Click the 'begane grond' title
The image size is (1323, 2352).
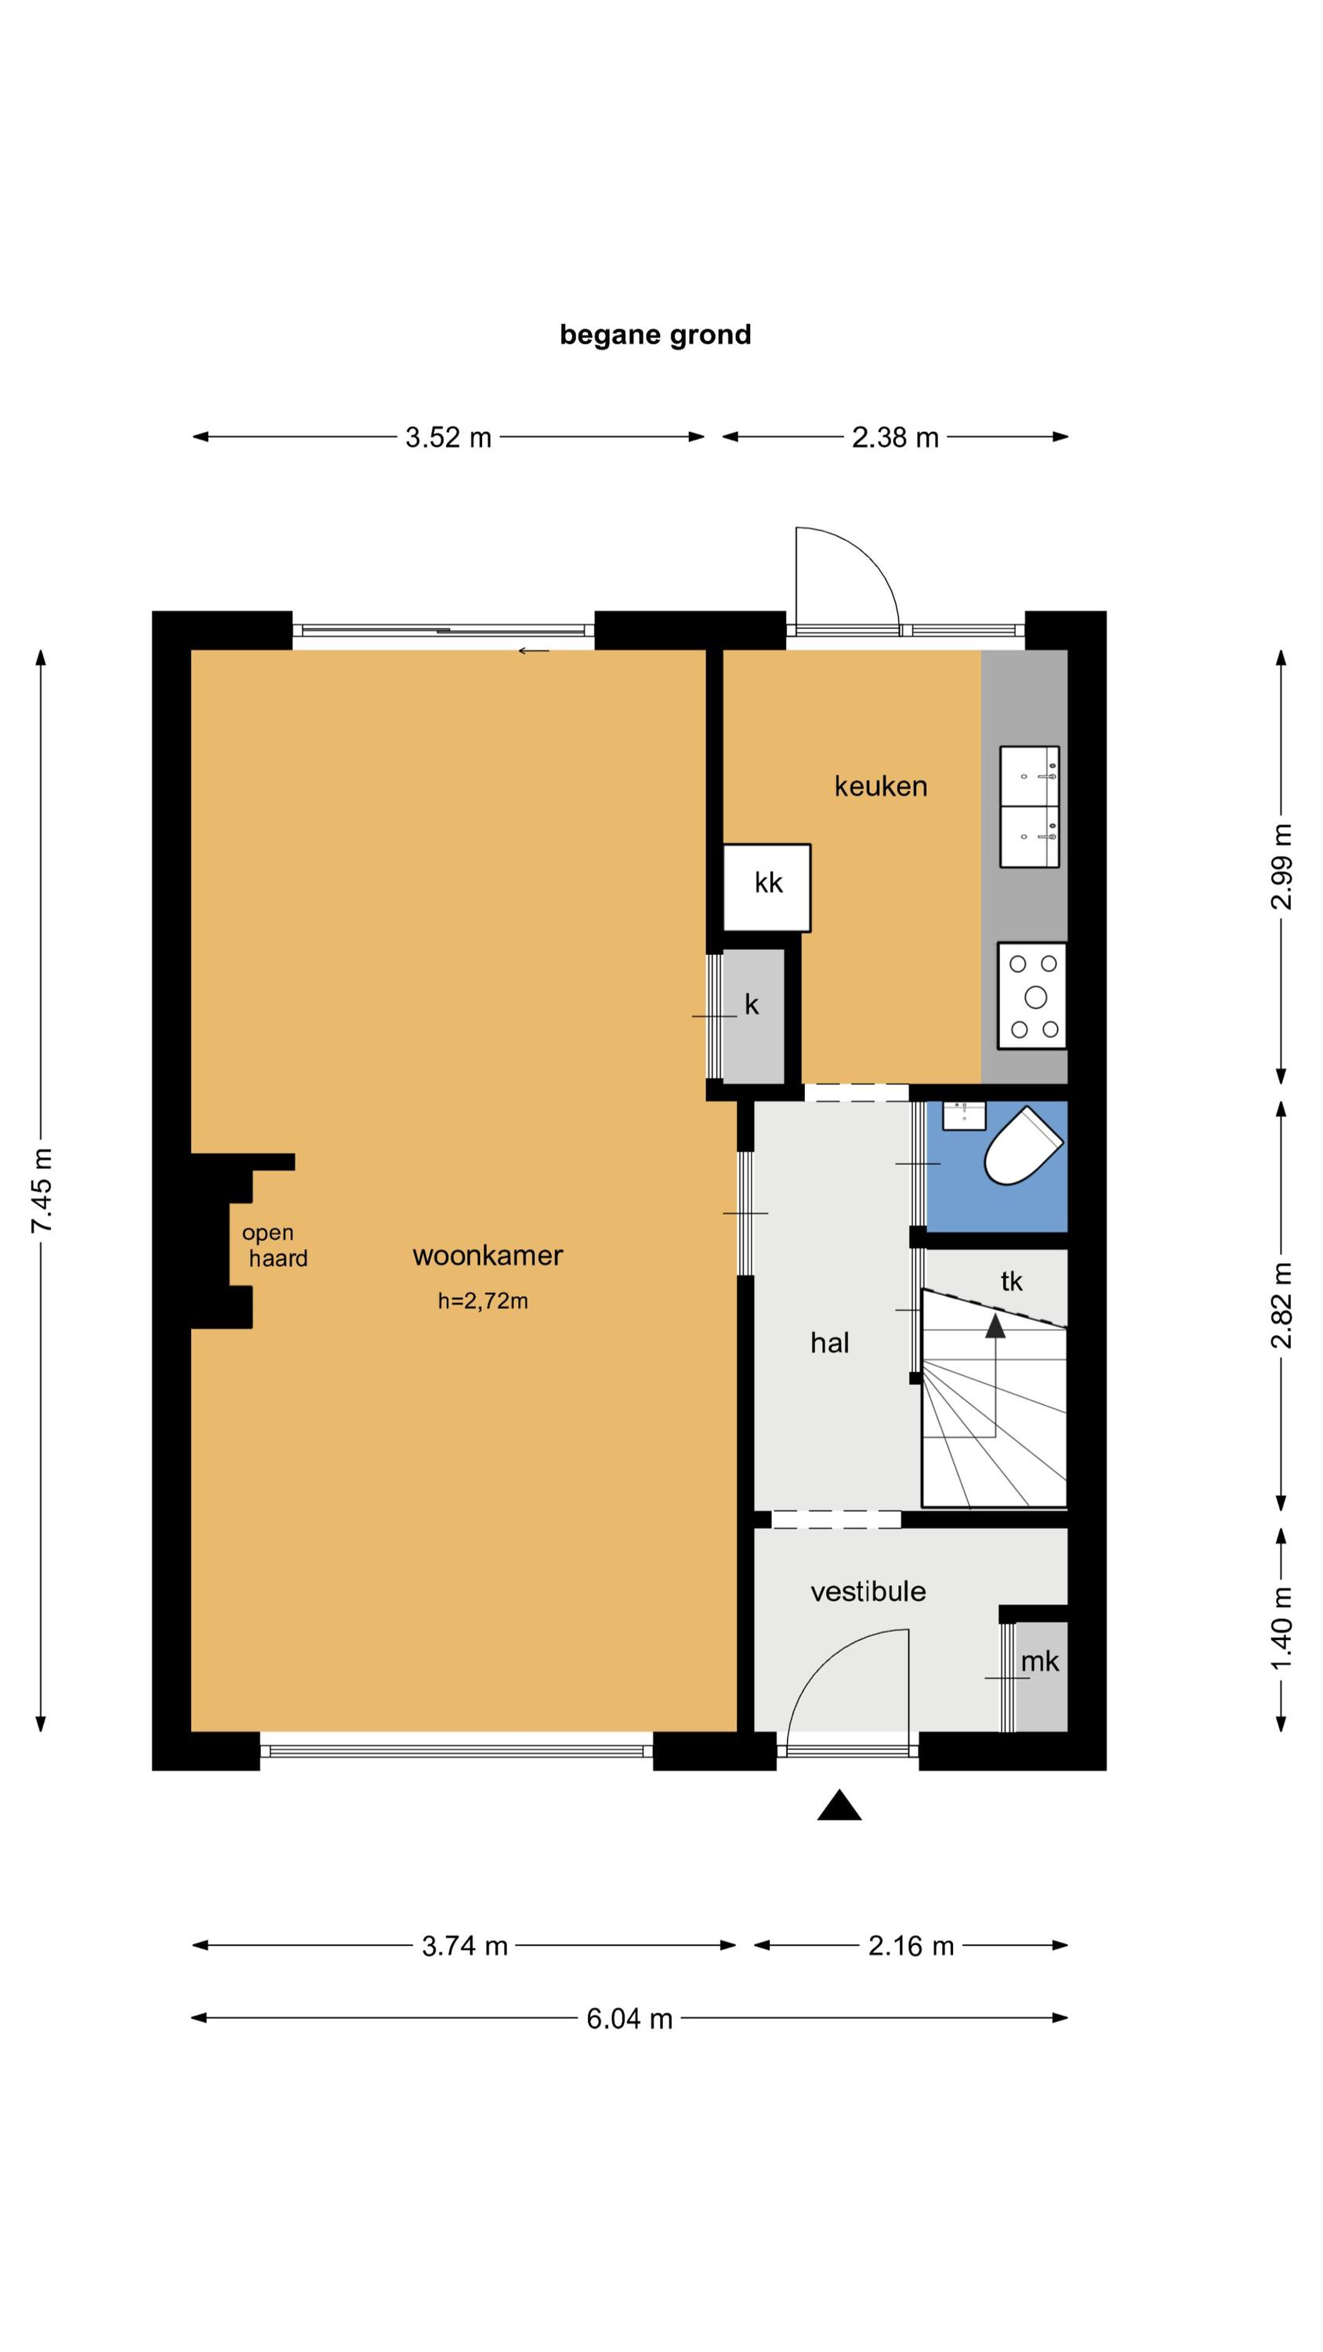coord(654,335)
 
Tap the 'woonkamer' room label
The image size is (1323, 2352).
coord(488,1255)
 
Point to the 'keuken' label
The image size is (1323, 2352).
coord(880,786)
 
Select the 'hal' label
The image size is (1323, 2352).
coord(829,1342)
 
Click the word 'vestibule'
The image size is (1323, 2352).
coord(868,1592)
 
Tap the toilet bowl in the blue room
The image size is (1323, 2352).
coord(1022,1147)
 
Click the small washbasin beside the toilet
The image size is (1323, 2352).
coord(963,1115)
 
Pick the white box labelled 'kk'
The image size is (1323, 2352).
coord(767,887)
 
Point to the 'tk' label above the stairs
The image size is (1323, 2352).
coord(1011,1281)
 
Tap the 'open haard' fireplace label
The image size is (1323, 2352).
coord(274,1246)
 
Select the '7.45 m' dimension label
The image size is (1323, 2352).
coord(41,1191)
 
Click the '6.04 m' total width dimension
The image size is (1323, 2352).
coord(629,2018)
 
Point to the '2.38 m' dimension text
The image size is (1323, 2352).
coord(895,437)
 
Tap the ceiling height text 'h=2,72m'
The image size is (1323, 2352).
coord(482,1301)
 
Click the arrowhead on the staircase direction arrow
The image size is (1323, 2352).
coord(995,1326)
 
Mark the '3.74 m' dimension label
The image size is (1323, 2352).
coord(464,1946)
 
